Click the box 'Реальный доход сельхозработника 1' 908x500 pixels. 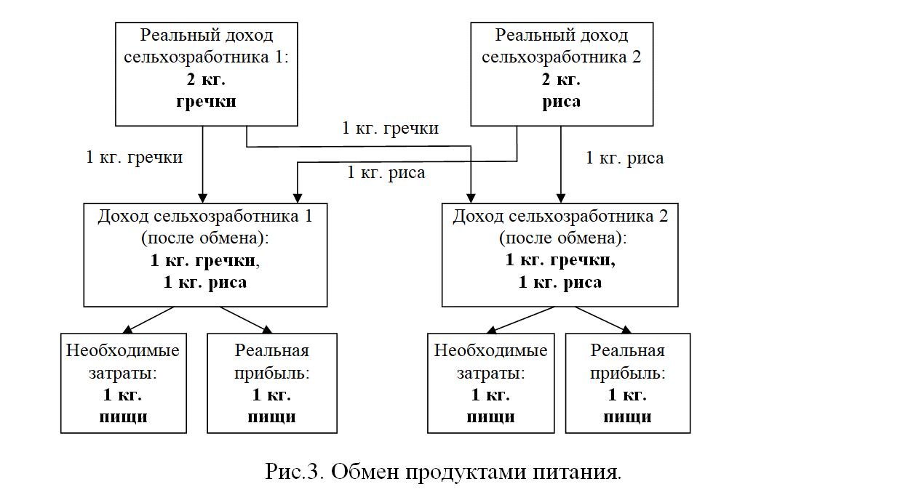207,74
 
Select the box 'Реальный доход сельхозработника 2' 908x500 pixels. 562,74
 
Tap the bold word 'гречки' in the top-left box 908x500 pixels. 206,101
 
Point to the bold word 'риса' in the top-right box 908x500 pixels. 562,101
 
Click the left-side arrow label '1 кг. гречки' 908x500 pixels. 134,157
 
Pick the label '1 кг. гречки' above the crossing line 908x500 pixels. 391,128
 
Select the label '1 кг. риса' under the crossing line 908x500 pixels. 386,172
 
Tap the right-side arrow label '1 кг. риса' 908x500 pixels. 625,158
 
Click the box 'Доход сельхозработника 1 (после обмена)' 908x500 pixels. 205,255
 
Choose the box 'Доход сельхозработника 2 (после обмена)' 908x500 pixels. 559,255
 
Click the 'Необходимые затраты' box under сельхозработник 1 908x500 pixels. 124,384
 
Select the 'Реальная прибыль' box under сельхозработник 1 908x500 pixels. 272,384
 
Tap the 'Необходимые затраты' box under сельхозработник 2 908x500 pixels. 491,384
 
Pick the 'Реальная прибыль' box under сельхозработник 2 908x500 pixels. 628,384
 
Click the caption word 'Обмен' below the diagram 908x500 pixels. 365,472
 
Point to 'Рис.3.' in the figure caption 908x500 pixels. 294,472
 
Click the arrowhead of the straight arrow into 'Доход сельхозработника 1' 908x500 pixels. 203,198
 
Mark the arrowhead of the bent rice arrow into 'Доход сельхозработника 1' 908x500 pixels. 298,198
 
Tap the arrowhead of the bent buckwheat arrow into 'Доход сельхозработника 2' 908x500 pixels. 471,198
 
